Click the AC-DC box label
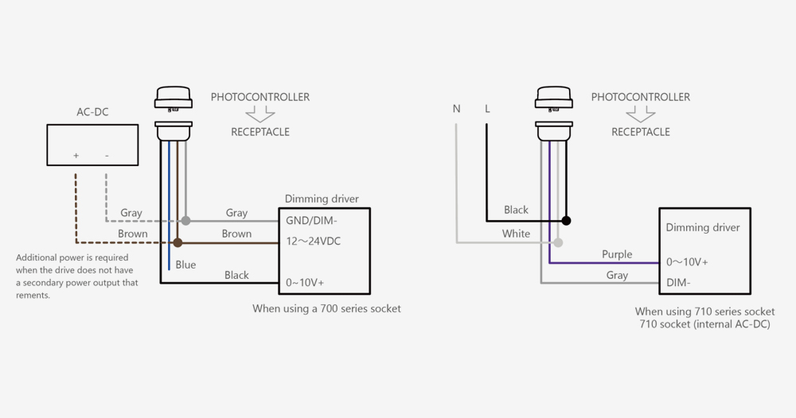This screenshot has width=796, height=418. pos(92,112)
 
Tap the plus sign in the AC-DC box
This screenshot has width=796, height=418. pos(76,156)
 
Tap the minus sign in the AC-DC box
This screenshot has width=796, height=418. pos(107,156)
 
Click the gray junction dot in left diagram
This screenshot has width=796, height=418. pos(185,220)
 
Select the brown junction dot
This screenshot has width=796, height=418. pos(178,242)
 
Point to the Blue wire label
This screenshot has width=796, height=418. pos(185,265)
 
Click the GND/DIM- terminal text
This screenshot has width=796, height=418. pos(312,220)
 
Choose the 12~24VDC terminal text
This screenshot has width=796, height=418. pos(314,241)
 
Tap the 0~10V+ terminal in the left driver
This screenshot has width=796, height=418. pos(306,282)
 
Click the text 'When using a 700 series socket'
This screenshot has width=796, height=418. pos(326,308)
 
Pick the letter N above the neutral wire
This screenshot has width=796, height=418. pos(456,109)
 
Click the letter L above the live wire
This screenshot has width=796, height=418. pos(487,109)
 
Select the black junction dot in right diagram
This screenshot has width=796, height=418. pos(566,220)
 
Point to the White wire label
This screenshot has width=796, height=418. pos(516,234)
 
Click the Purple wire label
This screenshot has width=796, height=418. pos(617,254)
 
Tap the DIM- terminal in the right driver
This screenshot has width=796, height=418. pos(679,282)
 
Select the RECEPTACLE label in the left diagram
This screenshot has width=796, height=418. pos(260,132)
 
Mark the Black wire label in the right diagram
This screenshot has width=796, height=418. pos(516,210)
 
